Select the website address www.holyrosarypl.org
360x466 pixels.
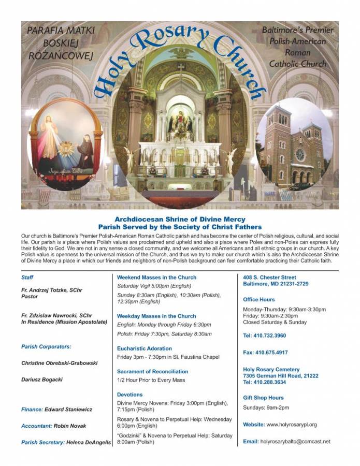click(x=292, y=425)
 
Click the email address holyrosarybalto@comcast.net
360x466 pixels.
click(x=295, y=442)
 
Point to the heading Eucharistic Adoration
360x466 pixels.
click(x=145, y=348)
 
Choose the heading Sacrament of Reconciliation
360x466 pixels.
click(x=153, y=371)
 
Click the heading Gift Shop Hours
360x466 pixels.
click(x=263, y=398)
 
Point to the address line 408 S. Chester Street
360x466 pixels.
click(x=269, y=278)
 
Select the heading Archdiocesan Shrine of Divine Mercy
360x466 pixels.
click(x=180, y=220)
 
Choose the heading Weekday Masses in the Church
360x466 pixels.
click(x=156, y=316)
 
